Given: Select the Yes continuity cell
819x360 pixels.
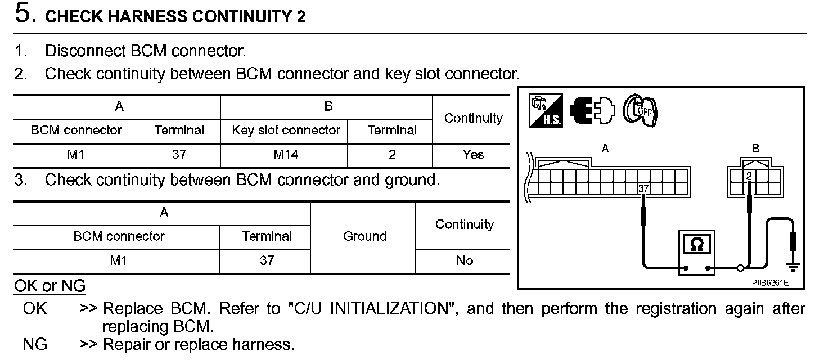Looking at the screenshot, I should [472, 155].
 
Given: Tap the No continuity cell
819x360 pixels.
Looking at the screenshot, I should [465, 261].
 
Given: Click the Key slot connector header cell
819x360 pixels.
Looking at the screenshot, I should [286, 130].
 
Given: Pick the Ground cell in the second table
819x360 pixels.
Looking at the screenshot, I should [364, 237].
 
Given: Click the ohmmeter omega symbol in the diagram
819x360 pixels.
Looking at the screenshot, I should [696, 245].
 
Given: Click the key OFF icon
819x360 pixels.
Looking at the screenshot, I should [642, 110].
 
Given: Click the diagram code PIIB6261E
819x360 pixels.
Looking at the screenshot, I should [770, 283].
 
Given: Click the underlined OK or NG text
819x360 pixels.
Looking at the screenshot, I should [49, 286].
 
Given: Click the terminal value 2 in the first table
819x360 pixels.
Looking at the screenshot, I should [391, 155].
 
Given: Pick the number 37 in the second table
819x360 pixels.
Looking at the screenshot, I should [267, 261].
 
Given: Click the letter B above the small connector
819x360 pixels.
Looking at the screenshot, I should [755, 149].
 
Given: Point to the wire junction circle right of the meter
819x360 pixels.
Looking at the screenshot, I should [741, 268].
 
